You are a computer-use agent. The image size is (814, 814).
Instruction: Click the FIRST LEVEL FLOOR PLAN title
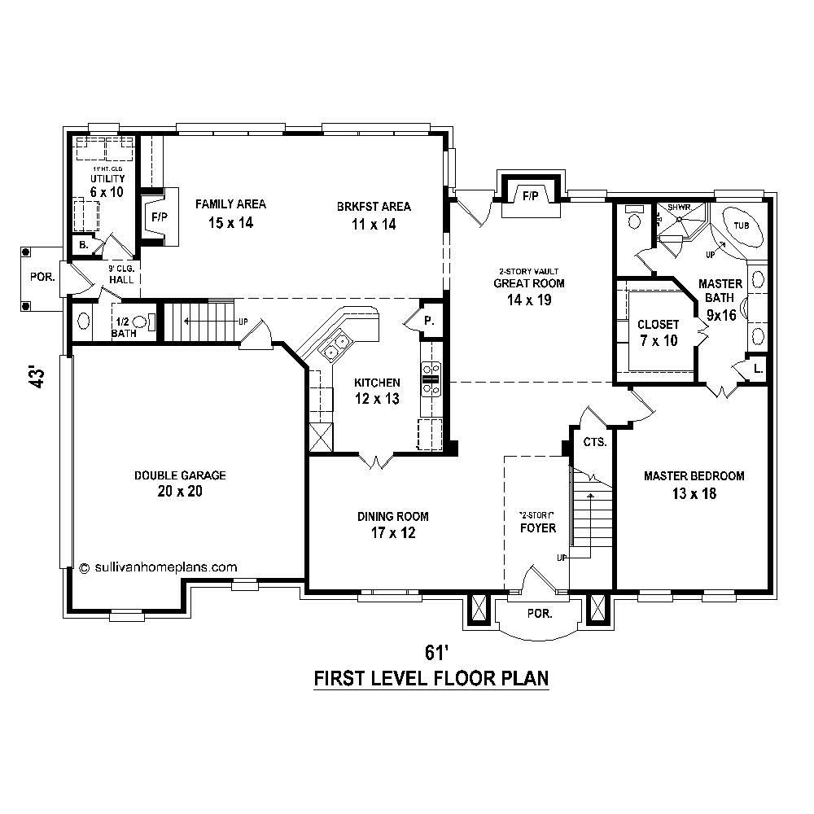click(431, 678)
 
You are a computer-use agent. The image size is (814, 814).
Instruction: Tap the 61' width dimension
click(436, 653)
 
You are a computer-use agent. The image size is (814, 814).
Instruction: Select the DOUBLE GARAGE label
click(180, 475)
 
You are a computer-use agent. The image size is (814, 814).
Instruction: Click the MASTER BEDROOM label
click(694, 475)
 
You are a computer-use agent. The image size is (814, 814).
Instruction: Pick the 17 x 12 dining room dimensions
click(392, 534)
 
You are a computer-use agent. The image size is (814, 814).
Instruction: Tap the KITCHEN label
click(377, 382)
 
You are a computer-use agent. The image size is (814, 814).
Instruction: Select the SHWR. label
click(679, 208)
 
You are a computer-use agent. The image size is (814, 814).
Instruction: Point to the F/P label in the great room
click(531, 195)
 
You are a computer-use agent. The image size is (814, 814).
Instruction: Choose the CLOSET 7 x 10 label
click(658, 332)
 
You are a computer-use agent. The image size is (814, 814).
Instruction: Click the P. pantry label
click(429, 321)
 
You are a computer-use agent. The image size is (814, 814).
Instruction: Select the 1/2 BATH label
click(124, 327)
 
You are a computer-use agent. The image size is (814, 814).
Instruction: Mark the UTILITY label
click(106, 178)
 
